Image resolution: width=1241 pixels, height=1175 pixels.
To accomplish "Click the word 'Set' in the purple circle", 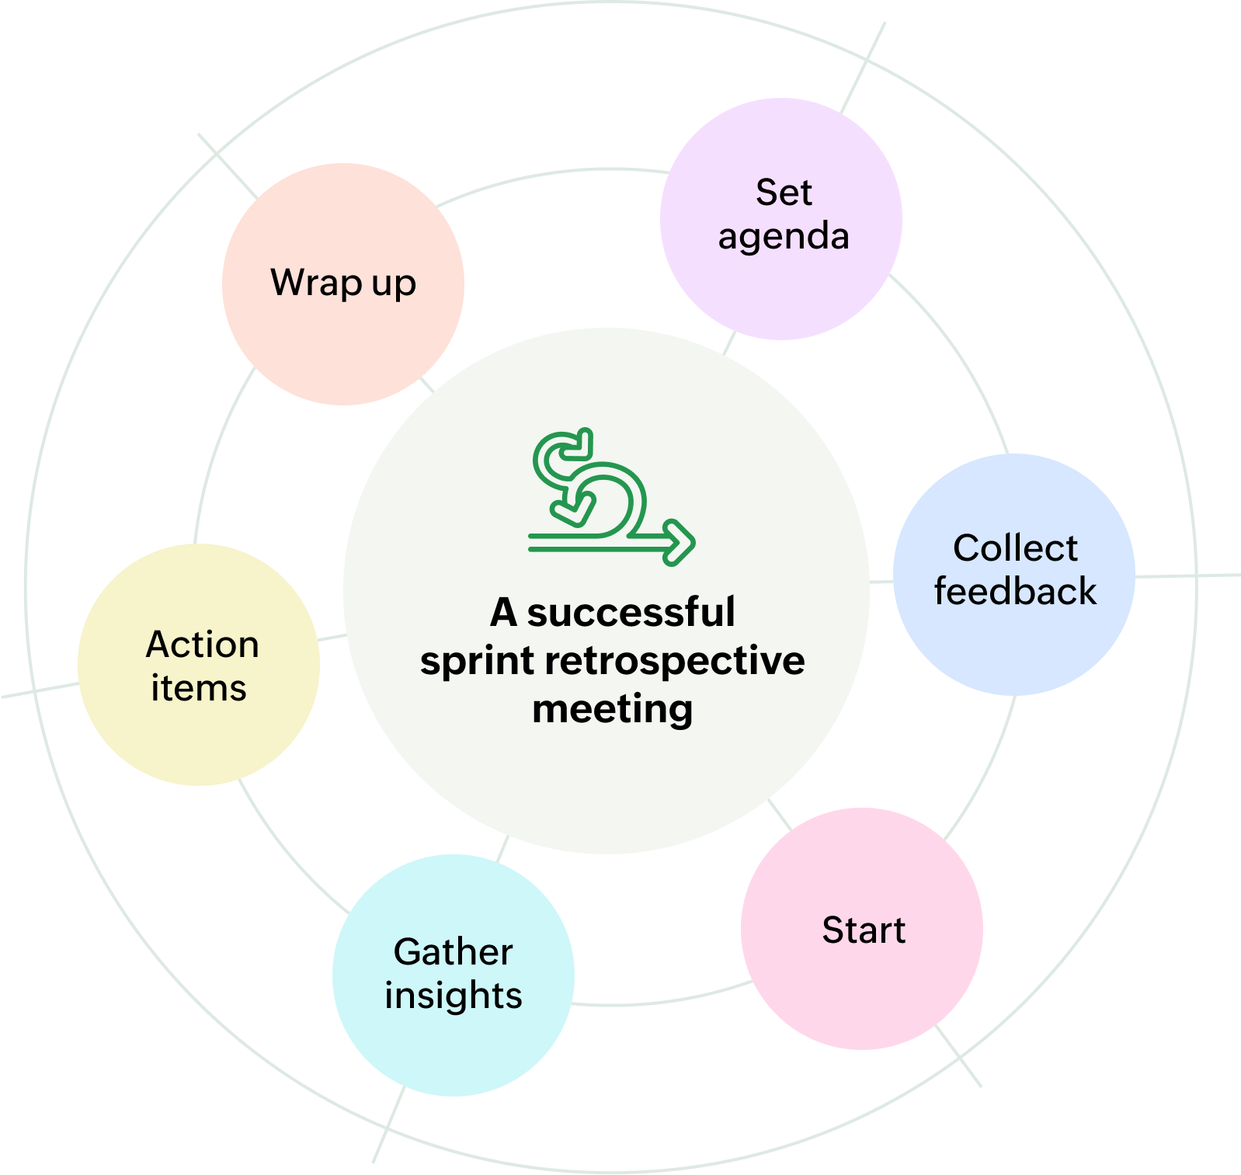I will (784, 193).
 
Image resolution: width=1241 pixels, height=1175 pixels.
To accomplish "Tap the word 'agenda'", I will (784, 237).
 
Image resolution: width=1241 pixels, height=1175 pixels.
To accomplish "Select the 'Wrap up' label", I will (343, 283).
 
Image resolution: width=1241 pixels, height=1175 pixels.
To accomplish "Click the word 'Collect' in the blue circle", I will (1015, 548).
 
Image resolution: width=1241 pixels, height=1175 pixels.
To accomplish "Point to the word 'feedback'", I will (1015, 592).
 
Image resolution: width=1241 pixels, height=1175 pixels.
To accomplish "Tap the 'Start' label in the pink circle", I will (864, 930).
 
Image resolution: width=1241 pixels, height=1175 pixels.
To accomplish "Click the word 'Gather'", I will (453, 952).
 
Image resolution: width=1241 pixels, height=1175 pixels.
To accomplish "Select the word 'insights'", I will (453, 996).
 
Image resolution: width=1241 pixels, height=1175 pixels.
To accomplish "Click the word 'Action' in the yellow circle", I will (202, 645).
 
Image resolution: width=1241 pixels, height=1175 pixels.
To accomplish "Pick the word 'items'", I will (199, 688).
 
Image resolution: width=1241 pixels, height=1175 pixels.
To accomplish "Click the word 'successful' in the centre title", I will (631, 612).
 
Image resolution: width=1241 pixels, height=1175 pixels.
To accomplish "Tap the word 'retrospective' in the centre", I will (675, 661).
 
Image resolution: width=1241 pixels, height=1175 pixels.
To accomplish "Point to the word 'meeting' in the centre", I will (613, 709).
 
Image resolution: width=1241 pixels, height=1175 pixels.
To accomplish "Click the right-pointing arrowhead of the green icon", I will (683, 541).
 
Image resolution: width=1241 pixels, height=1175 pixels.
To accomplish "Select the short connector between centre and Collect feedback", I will (881, 582).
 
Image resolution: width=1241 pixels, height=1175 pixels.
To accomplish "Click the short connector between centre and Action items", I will (332, 638).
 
